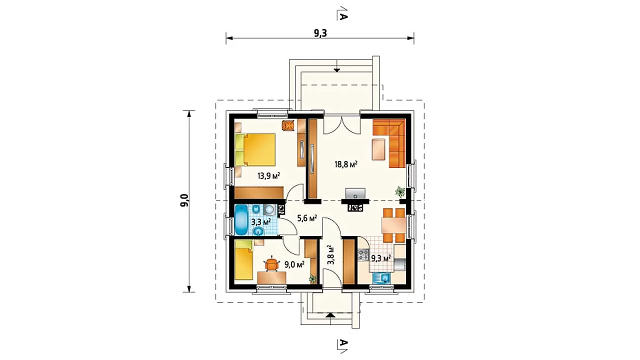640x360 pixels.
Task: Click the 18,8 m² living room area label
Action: (x=346, y=164)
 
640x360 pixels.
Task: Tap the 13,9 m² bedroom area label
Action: (x=268, y=175)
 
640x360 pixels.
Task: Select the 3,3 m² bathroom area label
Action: (x=261, y=221)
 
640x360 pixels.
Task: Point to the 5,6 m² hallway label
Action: (x=307, y=218)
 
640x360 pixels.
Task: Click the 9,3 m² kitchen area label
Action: (x=381, y=258)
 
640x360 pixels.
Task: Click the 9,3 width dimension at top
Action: (x=320, y=33)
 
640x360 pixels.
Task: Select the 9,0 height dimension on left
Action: (x=185, y=200)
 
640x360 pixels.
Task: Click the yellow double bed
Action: (x=255, y=149)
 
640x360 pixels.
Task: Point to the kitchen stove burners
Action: (x=363, y=255)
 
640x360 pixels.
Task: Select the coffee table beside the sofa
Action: (x=378, y=149)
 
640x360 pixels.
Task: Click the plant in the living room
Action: (x=400, y=191)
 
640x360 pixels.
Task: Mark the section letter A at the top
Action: (x=343, y=16)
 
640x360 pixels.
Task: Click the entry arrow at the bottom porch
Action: (x=330, y=315)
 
